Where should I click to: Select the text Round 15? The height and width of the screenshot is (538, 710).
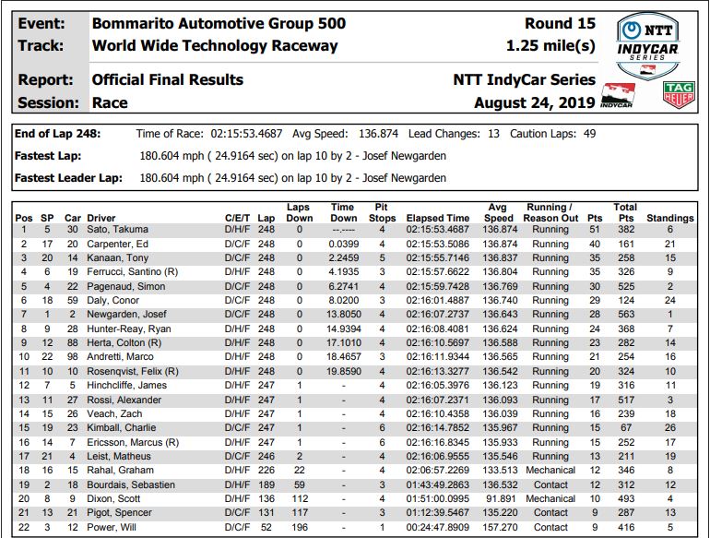point(560,23)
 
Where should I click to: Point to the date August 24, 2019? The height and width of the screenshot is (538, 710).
point(534,102)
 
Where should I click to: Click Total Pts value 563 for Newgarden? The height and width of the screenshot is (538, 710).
point(625,315)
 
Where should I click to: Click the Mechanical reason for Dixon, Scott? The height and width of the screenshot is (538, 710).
point(550,498)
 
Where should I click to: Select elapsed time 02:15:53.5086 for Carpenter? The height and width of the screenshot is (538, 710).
point(438,244)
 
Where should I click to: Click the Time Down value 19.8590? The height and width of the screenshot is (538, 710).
point(342,371)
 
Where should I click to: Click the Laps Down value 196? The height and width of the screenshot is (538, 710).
point(299,527)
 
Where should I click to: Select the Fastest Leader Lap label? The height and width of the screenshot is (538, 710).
point(68,177)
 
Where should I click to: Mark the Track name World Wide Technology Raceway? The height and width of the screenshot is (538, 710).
point(215,45)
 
